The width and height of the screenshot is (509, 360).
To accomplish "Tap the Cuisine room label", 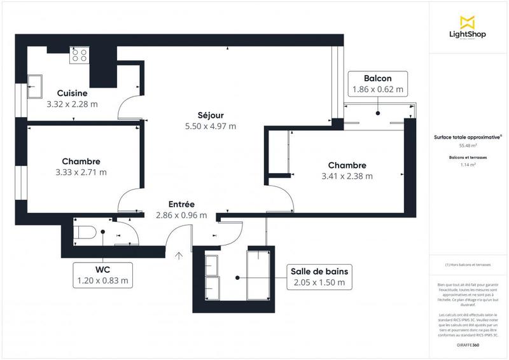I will tap(72, 93).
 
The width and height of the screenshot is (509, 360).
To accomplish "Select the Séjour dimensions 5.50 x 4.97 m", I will tap(210, 126).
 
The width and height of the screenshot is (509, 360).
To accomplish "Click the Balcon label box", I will tap(378, 84).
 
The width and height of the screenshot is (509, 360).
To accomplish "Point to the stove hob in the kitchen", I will tap(80, 55).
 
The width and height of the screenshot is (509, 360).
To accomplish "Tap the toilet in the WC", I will tap(85, 233).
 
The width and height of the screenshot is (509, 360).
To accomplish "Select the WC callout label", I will tap(102, 273).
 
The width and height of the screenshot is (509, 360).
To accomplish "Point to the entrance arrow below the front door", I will tap(179, 256).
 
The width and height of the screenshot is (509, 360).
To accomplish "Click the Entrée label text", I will tap(181, 204).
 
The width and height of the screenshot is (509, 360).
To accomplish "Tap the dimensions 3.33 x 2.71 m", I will tap(81, 172).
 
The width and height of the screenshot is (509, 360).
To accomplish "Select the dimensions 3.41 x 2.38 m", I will tap(347, 176).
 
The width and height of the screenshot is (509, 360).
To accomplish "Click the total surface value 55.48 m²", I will tap(467, 144).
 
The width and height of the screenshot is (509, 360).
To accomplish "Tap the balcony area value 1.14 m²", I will tap(467, 165).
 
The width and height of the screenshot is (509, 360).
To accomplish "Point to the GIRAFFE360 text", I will tap(467, 344).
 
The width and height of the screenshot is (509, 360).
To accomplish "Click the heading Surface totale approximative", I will tap(467, 136).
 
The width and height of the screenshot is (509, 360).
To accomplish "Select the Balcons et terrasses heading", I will tap(467, 156).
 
